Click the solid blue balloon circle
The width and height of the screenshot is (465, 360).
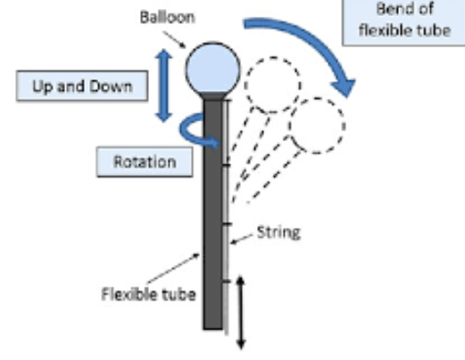tap(212, 68)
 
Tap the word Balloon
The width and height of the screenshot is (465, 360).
tap(167, 17)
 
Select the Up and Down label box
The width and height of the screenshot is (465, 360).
tap(82, 86)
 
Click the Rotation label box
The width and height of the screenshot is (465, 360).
tap(145, 162)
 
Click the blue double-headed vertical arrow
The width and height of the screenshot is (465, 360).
tap(163, 86)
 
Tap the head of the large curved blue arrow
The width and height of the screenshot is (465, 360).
tap(344, 87)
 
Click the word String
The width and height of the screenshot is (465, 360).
tap(278, 232)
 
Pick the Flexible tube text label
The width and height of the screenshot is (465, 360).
tap(148, 294)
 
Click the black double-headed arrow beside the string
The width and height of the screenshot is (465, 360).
tap(241, 313)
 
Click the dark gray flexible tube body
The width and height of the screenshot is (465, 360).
tap(213, 214)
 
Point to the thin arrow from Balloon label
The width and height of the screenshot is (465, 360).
tap(175, 39)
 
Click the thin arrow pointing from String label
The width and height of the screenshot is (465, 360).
tap(242, 239)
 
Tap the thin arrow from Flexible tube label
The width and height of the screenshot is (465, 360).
tap(173, 268)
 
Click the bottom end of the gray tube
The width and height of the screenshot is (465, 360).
tap(213, 329)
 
